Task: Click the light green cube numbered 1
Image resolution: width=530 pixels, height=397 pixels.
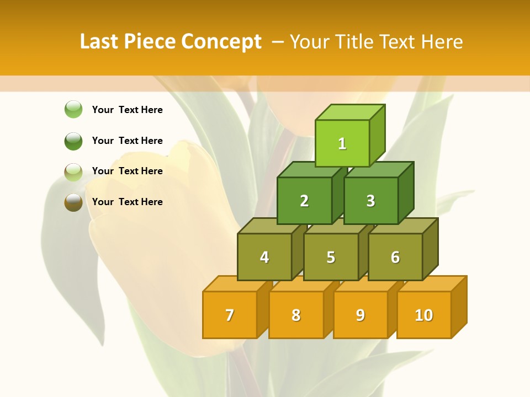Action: (x=342, y=143)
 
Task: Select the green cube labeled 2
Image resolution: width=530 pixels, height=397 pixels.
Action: (x=304, y=201)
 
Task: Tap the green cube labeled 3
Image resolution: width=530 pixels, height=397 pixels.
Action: (x=370, y=201)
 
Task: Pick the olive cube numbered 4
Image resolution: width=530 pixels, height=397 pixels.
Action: (x=264, y=257)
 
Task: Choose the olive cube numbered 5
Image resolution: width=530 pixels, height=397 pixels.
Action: (x=331, y=257)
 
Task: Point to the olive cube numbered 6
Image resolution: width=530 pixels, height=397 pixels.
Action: (x=395, y=257)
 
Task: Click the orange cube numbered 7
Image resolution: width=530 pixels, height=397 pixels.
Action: (x=230, y=315)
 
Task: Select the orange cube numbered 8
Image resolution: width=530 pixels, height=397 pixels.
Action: (x=296, y=315)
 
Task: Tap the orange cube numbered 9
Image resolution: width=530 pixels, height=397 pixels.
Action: (x=361, y=315)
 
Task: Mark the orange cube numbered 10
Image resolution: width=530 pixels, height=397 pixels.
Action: (x=424, y=315)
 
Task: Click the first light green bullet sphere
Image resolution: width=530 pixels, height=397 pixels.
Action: (x=73, y=109)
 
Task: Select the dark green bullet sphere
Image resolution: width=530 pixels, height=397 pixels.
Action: (x=73, y=141)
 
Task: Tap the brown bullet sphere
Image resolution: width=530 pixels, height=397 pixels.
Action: (x=73, y=202)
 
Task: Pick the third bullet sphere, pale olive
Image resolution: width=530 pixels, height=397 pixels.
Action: (x=73, y=171)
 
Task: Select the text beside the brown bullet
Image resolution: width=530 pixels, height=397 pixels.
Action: (x=128, y=202)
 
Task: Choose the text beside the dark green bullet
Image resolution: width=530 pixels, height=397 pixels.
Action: (x=128, y=141)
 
